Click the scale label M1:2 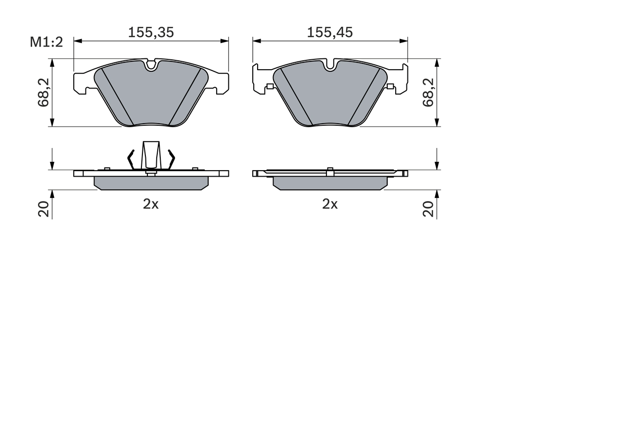point(46,42)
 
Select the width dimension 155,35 point(151,33)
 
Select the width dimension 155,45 point(330,33)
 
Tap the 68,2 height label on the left point(43,93)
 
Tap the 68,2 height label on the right point(428,93)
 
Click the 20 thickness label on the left point(44,209)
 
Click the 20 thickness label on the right point(428,209)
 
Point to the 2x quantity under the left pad point(151,204)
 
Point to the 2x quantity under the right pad point(330,204)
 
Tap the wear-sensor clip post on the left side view point(151,154)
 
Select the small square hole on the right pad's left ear point(270,87)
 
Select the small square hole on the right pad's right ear point(390,87)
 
